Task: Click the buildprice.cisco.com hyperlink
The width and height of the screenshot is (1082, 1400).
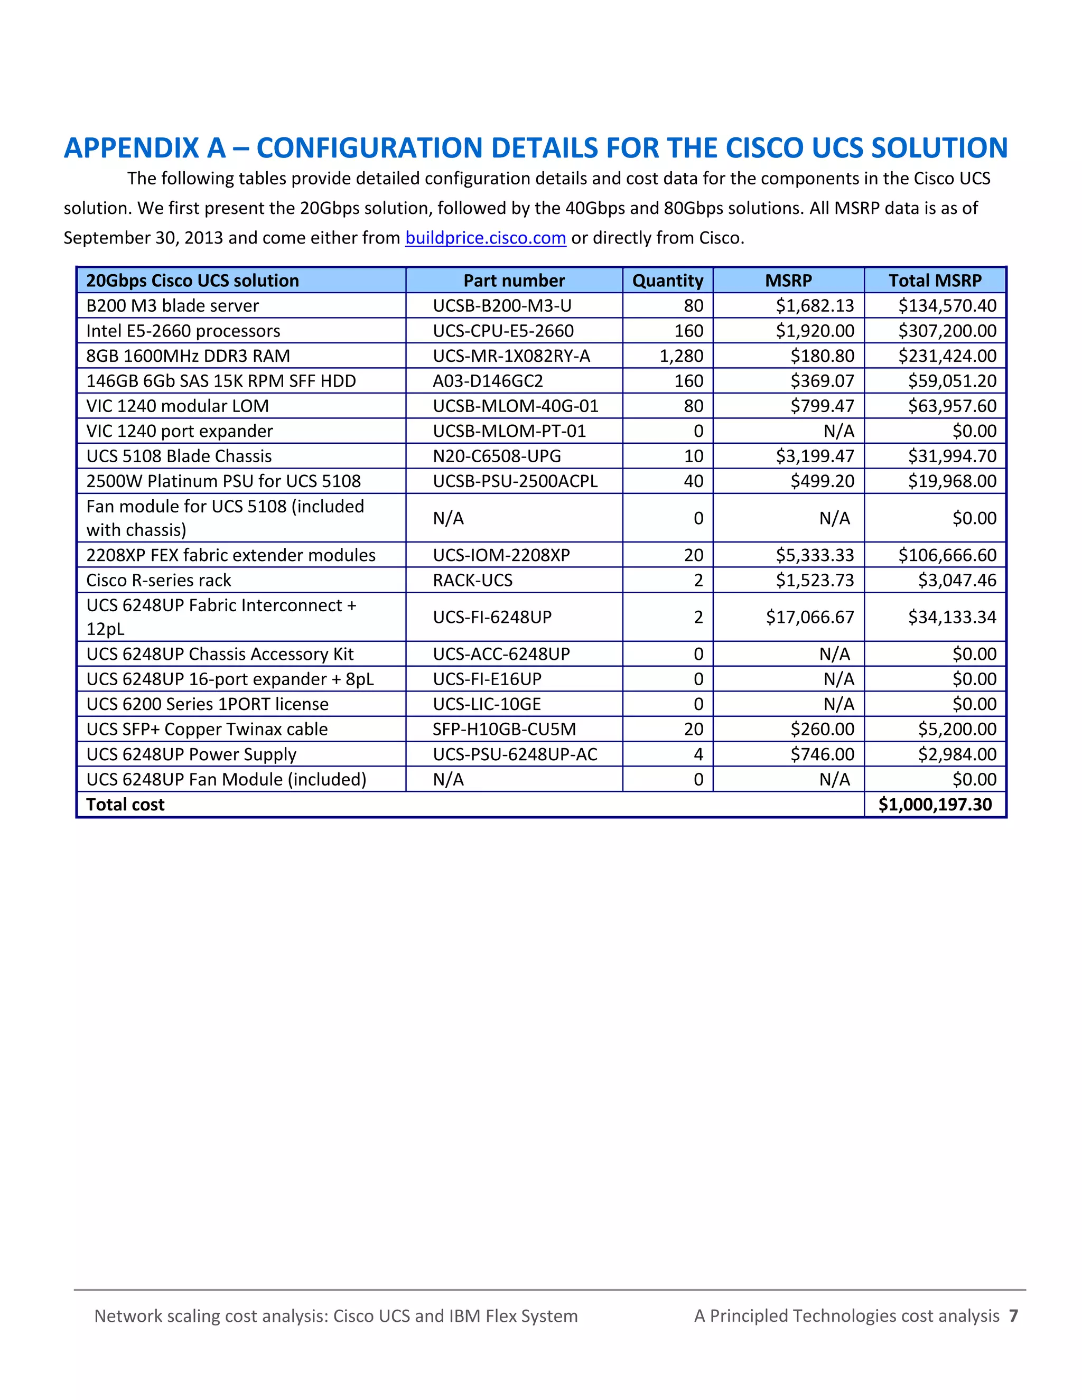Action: pyautogui.click(x=485, y=238)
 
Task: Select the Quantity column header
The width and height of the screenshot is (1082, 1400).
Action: pyautogui.click(x=667, y=281)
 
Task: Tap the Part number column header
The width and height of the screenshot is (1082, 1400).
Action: pyautogui.click(x=514, y=281)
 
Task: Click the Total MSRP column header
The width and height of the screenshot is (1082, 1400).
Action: pyautogui.click(x=935, y=281)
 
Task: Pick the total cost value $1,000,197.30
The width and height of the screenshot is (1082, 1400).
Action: pyautogui.click(x=935, y=805)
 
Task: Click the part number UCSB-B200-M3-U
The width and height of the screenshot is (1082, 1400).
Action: pyautogui.click(x=502, y=306)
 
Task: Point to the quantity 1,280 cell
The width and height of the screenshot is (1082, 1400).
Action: pyautogui.click(x=682, y=356)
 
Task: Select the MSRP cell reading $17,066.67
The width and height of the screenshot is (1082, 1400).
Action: pyautogui.click(x=809, y=617)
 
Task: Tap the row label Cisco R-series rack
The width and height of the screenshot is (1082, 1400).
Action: pyautogui.click(x=158, y=580)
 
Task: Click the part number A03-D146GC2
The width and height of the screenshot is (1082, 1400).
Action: pyautogui.click(x=488, y=381)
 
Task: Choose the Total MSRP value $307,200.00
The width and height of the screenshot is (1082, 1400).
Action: pyautogui.click(x=947, y=331)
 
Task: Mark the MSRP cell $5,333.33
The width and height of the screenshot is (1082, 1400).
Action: pyautogui.click(x=815, y=555)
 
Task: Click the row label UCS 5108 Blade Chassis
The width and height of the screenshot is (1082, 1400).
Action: pyautogui.click(x=179, y=456)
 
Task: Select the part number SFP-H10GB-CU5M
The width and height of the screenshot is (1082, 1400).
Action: pyautogui.click(x=505, y=729)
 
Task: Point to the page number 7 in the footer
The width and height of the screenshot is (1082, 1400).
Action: pyautogui.click(x=1013, y=1316)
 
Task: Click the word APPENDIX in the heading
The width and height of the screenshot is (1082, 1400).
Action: pyautogui.click(x=145, y=148)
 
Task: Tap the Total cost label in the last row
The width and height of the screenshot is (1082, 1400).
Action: pyautogui.click(x=126, y=805)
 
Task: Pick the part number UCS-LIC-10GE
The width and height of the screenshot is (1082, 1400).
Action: pyautogui.click(x=487, y=704)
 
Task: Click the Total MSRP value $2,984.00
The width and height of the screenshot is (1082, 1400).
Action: pyautogui.click(x=957, y=754)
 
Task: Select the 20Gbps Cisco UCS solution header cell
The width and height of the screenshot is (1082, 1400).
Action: pyautogui.click(x=192, y=281)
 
